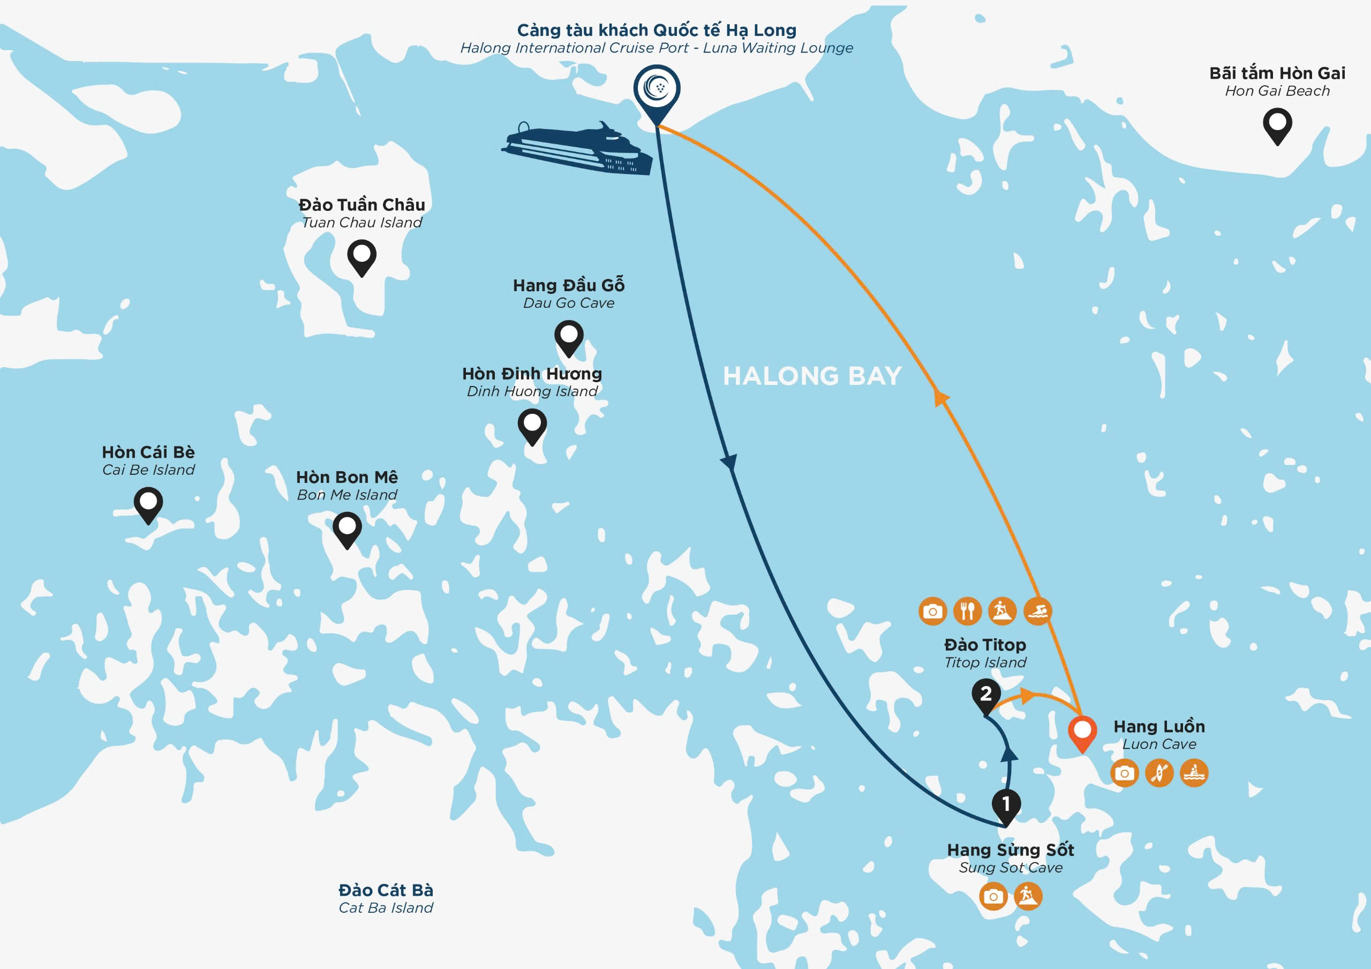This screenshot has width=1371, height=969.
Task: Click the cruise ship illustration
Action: (x=576, y=149)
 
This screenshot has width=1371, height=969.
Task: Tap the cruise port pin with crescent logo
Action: (x=657, y=94)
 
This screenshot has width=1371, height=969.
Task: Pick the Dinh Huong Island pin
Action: (x=532, y=427)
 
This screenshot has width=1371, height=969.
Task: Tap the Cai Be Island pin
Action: (x=148, y=505)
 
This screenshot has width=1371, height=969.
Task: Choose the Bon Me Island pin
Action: (x=346, y=529)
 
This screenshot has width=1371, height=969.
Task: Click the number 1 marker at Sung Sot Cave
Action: (x=1006, y=807)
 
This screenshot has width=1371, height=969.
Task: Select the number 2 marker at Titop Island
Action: (x=986, y=697)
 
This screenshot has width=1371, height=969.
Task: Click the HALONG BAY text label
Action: (x=812, y=376)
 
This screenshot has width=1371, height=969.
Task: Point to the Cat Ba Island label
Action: (x=386, y=898)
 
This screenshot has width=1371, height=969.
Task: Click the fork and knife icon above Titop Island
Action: (x=967, y=611)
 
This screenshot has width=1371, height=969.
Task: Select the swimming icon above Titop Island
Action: (x=1037, y=611)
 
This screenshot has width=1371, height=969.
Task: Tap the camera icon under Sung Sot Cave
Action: (x=993, y=896)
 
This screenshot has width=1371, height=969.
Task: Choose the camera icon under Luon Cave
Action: (x=1125, y=773)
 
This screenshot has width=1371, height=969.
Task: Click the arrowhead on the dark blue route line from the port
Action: (x=729, y=462)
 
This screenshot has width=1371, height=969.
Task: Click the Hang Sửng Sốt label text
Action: (x=1011, y=850)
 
